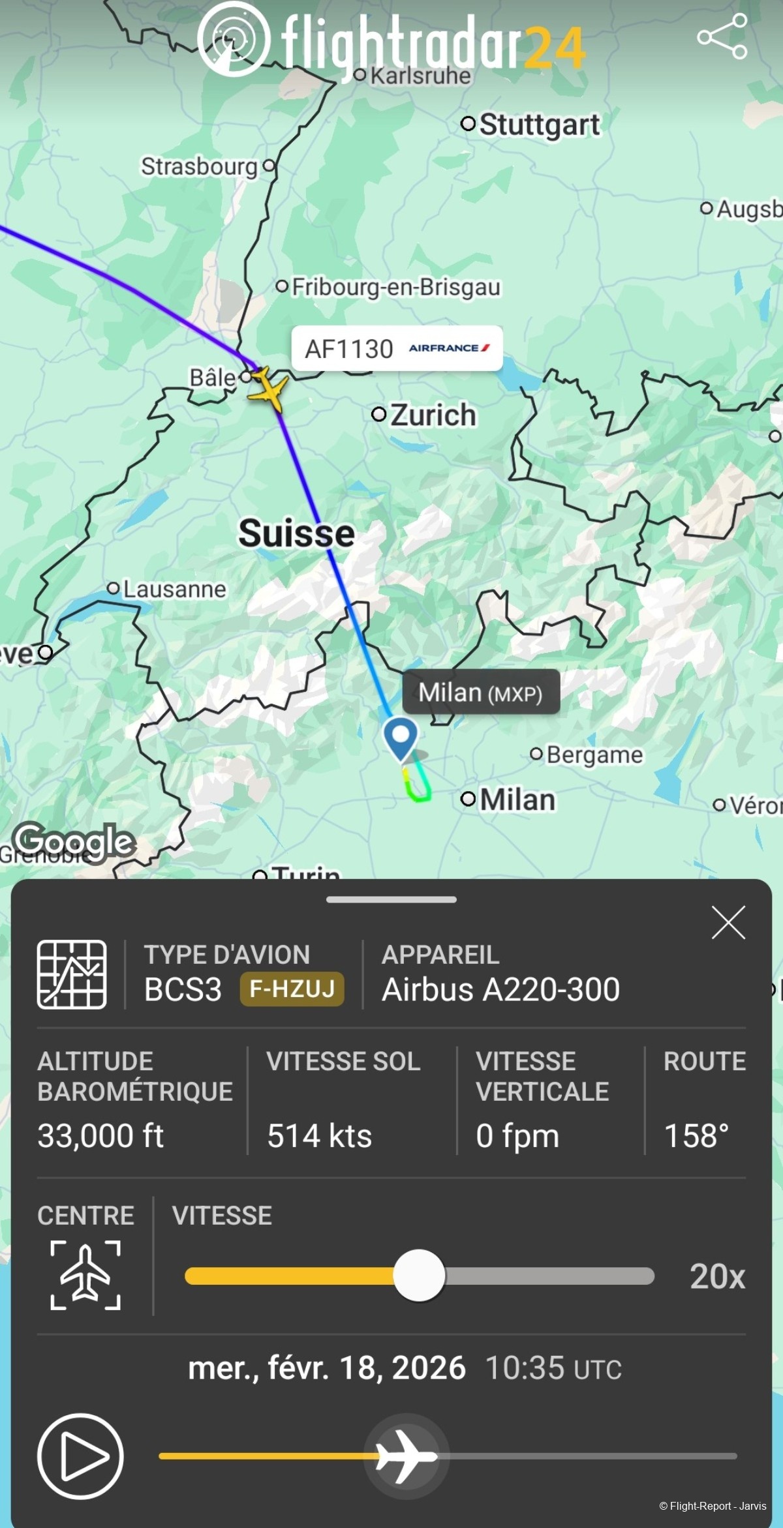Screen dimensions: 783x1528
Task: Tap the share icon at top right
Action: tap(722, 37)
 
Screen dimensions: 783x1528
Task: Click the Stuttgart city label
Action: tap(538, 125)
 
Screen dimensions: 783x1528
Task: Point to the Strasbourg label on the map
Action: tap(199, 166)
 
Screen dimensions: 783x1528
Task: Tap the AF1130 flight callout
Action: tap(397, 348)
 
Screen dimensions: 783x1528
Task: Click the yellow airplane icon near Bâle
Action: tap(268, 389)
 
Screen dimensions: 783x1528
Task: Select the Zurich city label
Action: tap(433, 415)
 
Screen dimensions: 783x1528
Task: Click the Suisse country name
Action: tap(296, 533)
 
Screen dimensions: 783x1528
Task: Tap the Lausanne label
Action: tap(174, 589)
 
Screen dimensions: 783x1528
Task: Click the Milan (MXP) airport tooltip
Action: tap(480, 692)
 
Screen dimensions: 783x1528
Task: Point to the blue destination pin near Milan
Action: tap(400, 738)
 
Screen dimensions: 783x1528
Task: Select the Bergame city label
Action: tap(594, 755)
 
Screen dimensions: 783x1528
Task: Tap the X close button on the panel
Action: tap(728, 922)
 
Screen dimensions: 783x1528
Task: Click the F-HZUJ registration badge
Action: tap(292, 989)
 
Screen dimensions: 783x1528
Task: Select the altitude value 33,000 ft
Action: tap(100, 1135)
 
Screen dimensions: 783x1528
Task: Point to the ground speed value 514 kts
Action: tap(319, 1135)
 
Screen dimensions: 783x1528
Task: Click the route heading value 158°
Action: tap(696, 1135)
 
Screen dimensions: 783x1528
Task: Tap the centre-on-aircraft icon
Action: tap(85, 1275)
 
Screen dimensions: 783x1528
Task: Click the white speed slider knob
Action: tap(419, 1276)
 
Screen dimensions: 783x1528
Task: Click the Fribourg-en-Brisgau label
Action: tap(395, 287)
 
